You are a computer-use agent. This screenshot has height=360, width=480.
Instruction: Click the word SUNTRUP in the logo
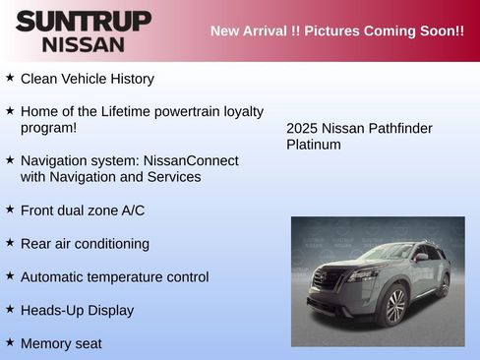coord(84,22)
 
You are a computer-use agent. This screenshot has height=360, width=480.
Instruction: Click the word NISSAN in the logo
coord(84,44)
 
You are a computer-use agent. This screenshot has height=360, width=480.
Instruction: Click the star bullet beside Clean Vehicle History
coord(10,77)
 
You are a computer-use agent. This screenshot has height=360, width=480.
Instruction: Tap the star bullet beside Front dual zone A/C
coord(10,209)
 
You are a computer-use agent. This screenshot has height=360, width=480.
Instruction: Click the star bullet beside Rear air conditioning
coord(10,242)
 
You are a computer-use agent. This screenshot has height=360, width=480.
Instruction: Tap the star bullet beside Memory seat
coord(10,341)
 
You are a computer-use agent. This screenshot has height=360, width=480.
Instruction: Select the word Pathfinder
coord(398,128)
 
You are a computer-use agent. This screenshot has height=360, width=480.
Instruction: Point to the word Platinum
coord(314,145)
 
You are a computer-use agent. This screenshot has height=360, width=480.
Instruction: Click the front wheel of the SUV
coord(393,306)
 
